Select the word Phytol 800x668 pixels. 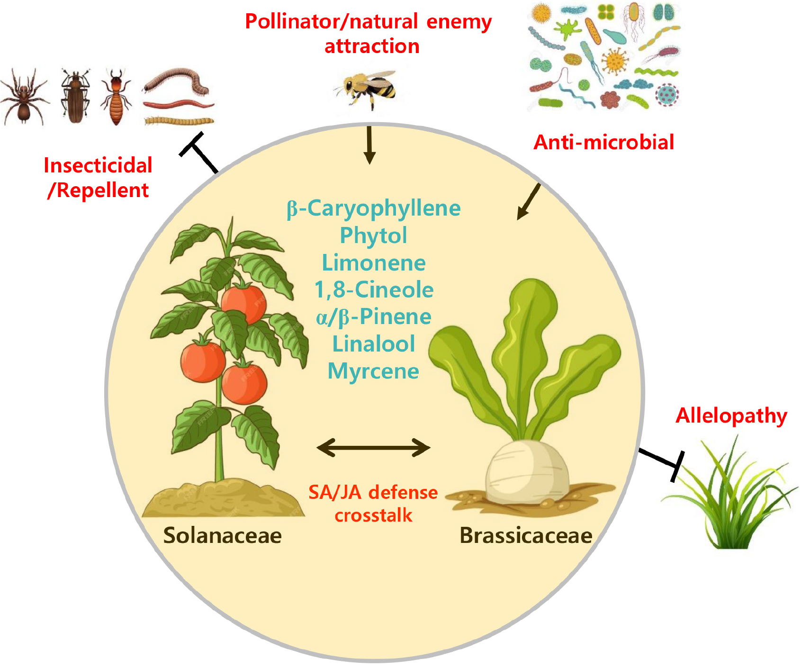coord(373,235)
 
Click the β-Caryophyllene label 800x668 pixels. coord(373,208)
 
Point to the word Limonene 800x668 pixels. coord(373,263)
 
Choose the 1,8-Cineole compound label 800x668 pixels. coord(373,290)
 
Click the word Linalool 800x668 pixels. coord(373,344)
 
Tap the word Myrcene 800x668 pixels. coord(373,371)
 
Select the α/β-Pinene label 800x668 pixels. coord(373,317)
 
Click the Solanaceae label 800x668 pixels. coord(222,536)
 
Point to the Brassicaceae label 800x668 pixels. coord(526,536)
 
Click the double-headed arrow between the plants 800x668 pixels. coord(373,447)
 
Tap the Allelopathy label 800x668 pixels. coord(731,416)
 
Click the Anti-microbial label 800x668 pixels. coord(603,142)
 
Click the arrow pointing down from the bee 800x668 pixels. coord(369,144)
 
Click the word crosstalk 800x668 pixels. coord(373,515)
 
